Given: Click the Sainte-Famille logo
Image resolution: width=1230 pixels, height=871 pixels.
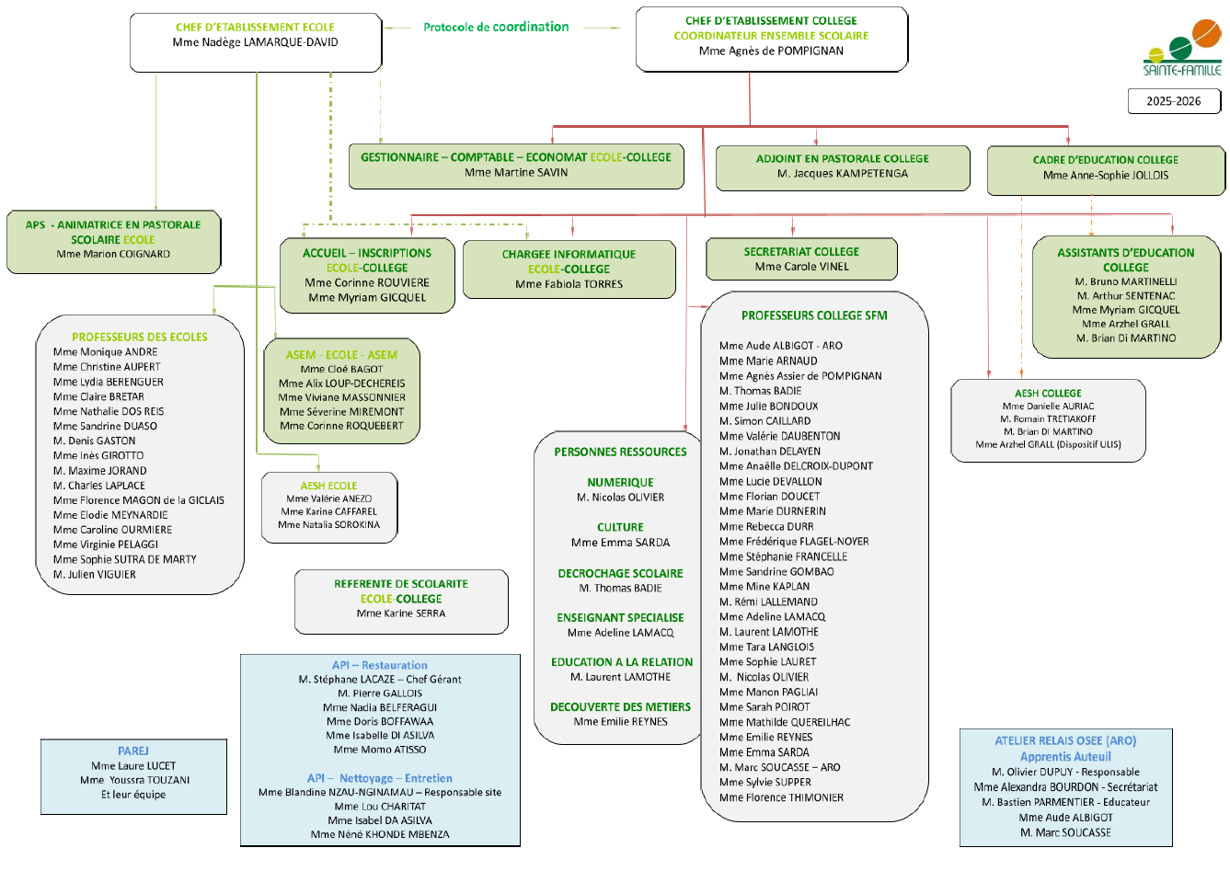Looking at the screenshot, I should [x=1182, y=48].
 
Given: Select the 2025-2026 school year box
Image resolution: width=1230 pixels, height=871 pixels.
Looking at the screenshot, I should [x=1173, y=101].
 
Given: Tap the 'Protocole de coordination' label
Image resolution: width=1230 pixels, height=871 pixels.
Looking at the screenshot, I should [x=496, y=27].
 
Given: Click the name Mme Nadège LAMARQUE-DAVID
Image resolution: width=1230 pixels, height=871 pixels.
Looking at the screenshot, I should [x=255, y=42].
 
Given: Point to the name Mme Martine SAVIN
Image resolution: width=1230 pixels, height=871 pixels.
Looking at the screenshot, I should [x=516, y=172].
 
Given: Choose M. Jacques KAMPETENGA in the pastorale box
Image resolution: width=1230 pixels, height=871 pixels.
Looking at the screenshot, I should [x=842, y=173].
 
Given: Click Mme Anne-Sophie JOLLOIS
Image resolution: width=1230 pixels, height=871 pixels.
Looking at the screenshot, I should [x=1105, y=175].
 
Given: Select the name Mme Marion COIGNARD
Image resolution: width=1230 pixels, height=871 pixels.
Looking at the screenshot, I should [x=113, y=254].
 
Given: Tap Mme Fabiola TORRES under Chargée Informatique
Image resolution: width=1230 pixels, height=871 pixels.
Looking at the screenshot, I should [x=569, y=284].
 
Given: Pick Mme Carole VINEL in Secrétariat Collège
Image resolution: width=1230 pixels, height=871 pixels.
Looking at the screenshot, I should [x=801, y=267].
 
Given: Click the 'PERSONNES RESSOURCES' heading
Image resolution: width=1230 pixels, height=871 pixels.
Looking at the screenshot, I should [x=620, y=452].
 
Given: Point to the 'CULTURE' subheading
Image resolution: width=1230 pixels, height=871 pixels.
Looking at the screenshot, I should [x=620, y=527].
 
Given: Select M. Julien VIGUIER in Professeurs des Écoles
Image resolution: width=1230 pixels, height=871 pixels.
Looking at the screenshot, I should [x=95, y=574].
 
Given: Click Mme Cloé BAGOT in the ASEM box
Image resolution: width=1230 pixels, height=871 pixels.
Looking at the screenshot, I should [x=341, y=369].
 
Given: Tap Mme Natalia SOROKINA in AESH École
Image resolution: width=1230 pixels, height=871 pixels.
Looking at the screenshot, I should [x=328, y=525].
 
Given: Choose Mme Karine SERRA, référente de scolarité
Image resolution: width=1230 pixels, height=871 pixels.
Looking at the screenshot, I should [x=401, y=613].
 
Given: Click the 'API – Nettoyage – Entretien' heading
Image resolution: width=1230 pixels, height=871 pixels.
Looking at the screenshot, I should [x=379, y=778].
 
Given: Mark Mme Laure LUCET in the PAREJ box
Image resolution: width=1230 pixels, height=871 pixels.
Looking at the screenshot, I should [x=133, y=765].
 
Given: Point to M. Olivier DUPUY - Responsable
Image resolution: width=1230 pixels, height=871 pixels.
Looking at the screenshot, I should [x=1065, y=772].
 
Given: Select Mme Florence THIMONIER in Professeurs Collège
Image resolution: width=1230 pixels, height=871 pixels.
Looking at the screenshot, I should [x=781, y=797].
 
